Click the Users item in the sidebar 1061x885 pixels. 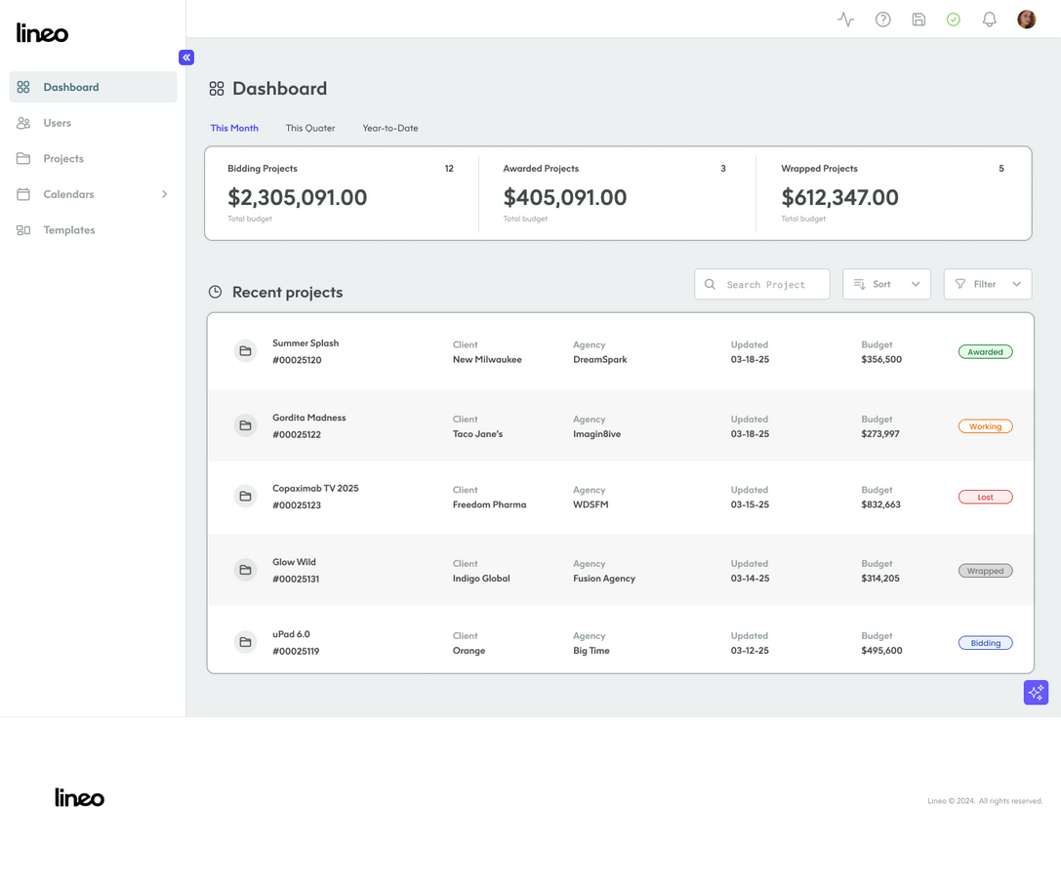[57, 123]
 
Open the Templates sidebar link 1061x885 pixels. [68, 230]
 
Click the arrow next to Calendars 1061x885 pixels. [164, 194]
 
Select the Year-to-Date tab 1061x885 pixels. [390, 128]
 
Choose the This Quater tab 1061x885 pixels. [310, 128]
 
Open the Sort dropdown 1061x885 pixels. [886, 284]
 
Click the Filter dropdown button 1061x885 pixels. [988, 284]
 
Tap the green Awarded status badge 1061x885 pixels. [985, 352]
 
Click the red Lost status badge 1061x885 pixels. [985, 497]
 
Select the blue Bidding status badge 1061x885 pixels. [985, 643]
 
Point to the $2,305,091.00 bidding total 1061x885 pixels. [298, 197]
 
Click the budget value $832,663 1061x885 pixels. [880, 505]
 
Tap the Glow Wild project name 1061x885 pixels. [294, 562]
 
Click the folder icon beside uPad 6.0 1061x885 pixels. [246, 642]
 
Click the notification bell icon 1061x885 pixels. [989, 20]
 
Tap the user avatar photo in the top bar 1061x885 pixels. [1026, 20]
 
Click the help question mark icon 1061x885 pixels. [882, 20]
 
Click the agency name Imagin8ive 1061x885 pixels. [596, 434]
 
